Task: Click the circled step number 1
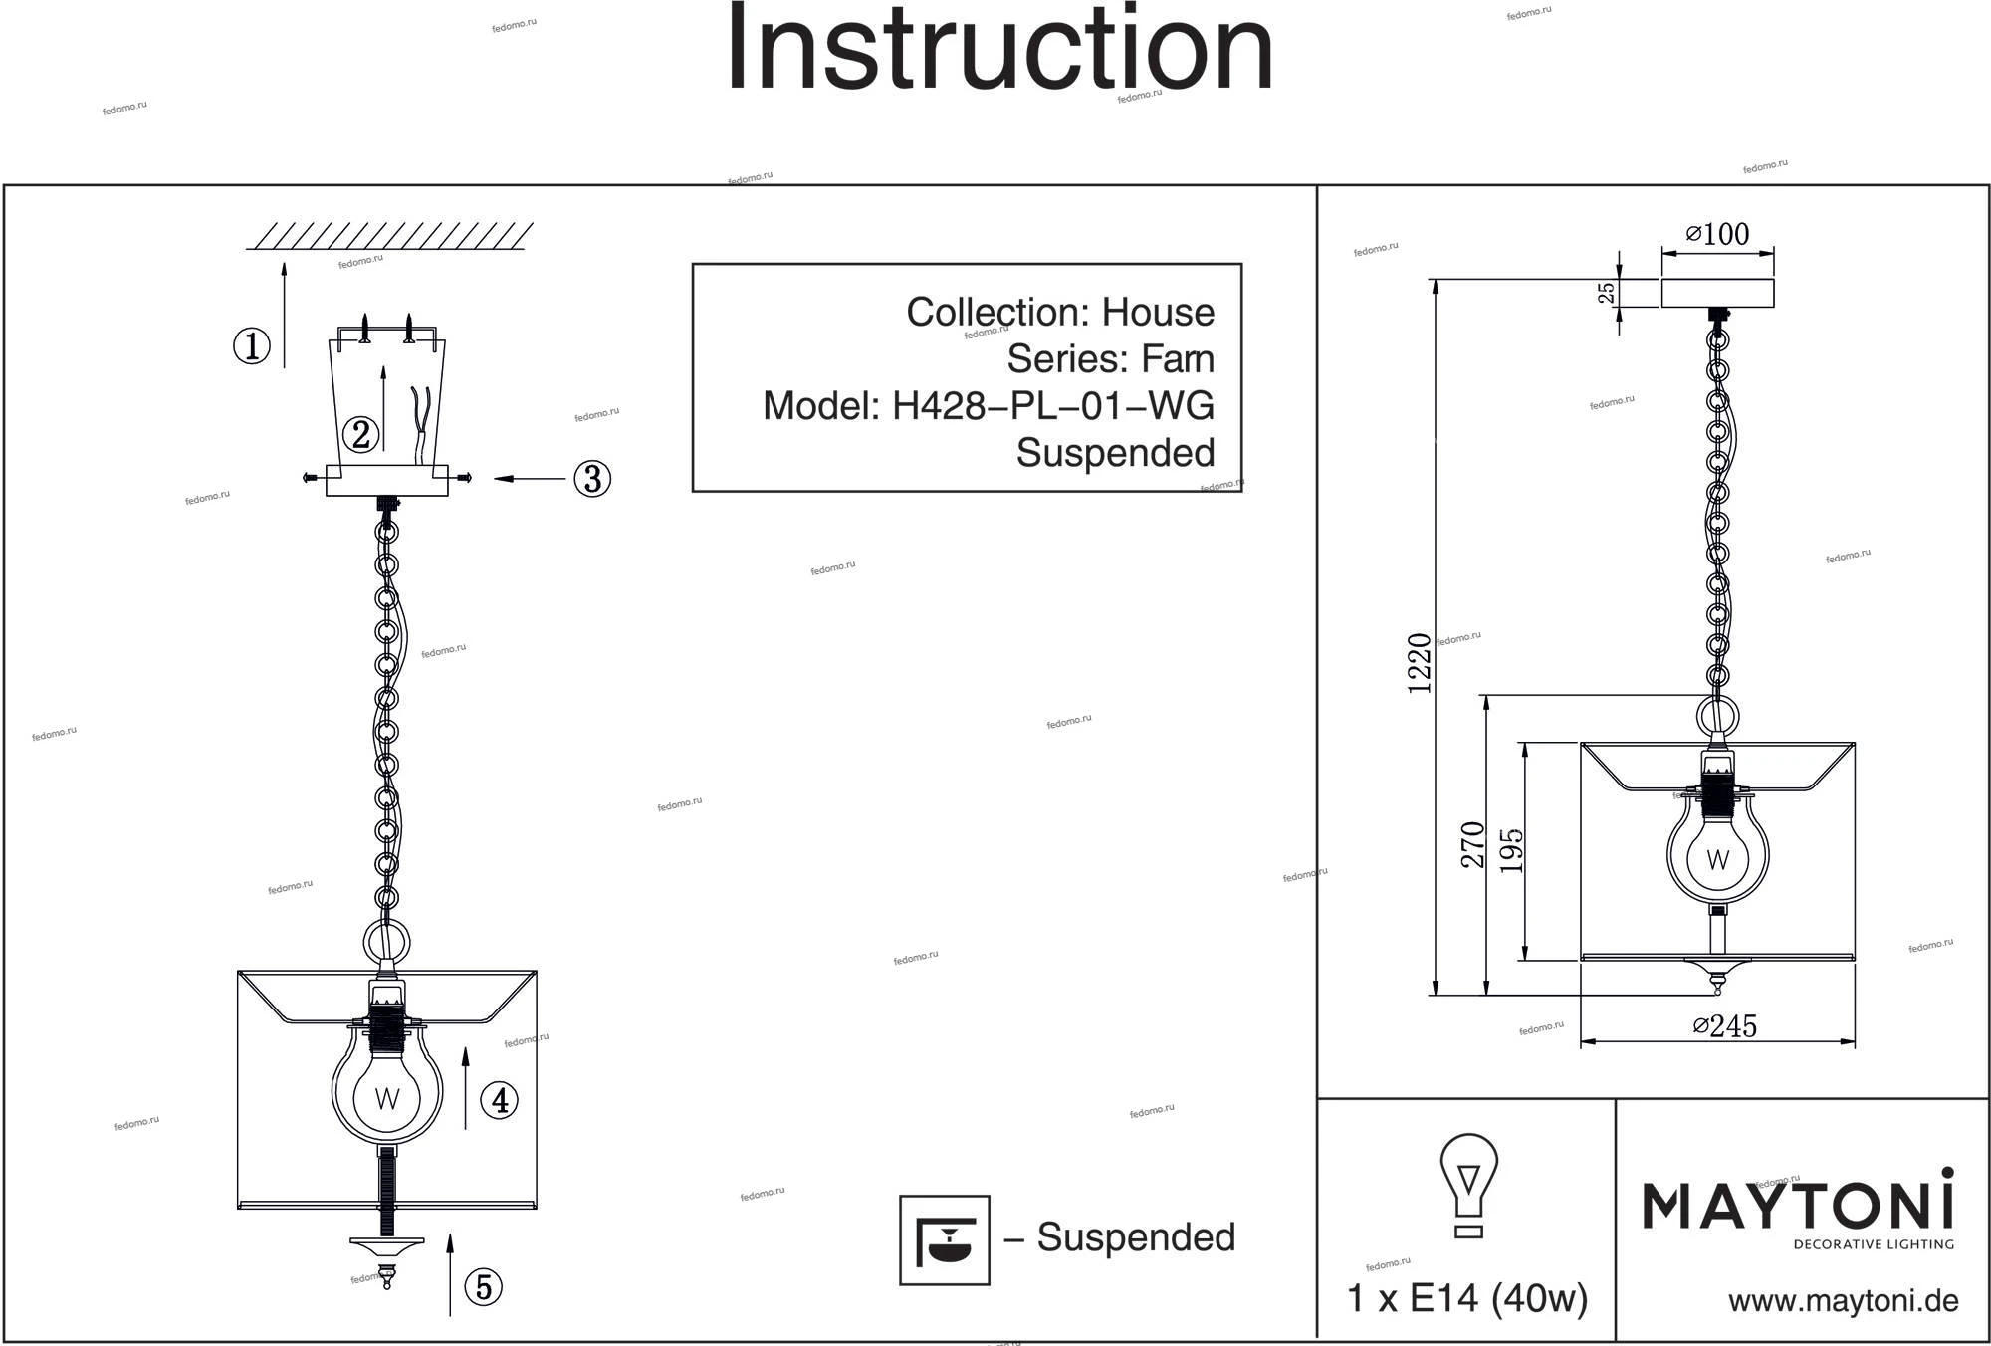click(x=252, y=346)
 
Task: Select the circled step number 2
click(x=360, y=434)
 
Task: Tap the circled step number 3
click(x=592, y=479)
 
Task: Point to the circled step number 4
click(x=500, y=1100)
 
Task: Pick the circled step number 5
click(x=484, y=1287)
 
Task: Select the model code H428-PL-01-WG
click(x=1052, y=405)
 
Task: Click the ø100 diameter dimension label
click(x=1717, y=234)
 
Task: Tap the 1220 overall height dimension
click(x=1421, y=662)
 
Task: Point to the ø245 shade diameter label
click(x=1725, y=1025)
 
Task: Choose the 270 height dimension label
click(x=1473, y=845)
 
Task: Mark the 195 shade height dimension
click(x=1512, y=850)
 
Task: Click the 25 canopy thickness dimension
click(x=1606, y=293)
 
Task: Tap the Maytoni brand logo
click(x=1797, y=1209)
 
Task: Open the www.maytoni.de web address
click(x=1844, y=1301)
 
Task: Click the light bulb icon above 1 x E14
click(x=1468, y=1185)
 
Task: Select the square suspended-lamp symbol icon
click(x=945, y=1240)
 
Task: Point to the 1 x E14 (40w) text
click(x=1466, y=1298)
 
